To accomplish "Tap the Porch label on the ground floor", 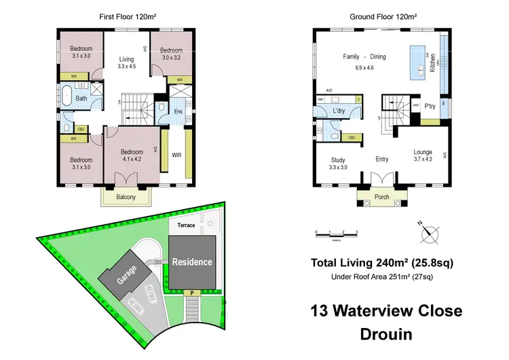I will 383,197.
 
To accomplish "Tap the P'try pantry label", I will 430,107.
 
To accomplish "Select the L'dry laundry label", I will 339,111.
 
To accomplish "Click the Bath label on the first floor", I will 81,98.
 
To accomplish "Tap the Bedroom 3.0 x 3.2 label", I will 171,54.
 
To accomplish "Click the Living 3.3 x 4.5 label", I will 127,63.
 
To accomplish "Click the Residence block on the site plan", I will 192,262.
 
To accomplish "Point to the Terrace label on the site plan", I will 186,225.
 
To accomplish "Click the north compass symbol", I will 429,234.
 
